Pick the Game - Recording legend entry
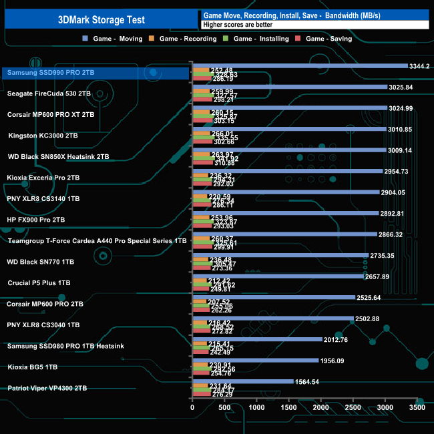click(x=188, y=39)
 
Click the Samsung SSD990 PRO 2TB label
click(x=49, y=73)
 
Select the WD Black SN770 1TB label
click(x=42, y=262)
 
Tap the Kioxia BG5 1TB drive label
click(x=32, y=367)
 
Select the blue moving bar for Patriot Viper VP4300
click(x=242, y=381)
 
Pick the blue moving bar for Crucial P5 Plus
click(x=278, y=276)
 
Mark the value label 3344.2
click(x=419, y=66)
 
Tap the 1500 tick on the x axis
click(x=288, y=407)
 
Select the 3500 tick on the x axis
click(x=417, y=407)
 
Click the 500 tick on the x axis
click(x=224, y=407)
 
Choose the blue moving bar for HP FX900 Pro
click(x=285, y=213)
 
